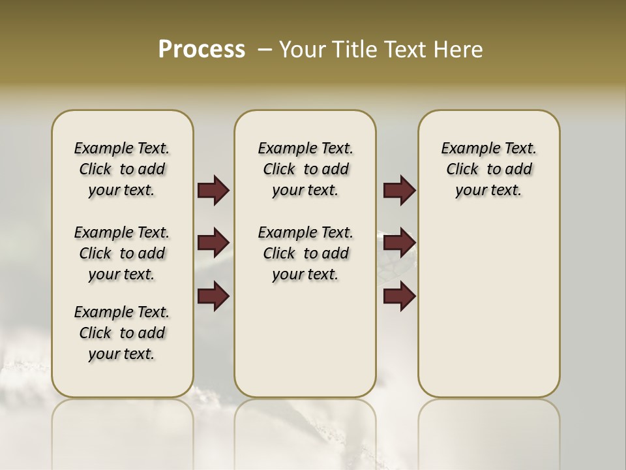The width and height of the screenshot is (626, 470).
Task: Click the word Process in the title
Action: [201, 50]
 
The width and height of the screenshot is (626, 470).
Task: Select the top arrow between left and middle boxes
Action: [213, 190]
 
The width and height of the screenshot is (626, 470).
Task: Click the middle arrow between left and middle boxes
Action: [213, 243]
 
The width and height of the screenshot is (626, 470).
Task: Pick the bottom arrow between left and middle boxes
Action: [213, 296]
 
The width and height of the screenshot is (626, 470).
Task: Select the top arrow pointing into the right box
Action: [399, 190]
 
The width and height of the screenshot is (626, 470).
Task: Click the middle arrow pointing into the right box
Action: [399, 243]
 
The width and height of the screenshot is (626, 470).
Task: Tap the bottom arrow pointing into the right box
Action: [399, 296]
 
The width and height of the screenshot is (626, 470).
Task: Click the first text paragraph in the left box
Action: [122, 169]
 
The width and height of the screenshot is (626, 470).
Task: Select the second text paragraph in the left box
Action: [122, 253]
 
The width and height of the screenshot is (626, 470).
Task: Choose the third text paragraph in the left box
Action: [122, 333]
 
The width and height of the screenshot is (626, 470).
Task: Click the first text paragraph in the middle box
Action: [305, 169]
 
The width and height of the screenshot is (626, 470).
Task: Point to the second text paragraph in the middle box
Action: [305, 253]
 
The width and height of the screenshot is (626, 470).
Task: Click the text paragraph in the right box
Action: [488, 169]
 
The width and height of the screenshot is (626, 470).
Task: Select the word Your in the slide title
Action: [303, 50]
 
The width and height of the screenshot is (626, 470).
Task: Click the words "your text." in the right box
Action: [488, 191]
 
